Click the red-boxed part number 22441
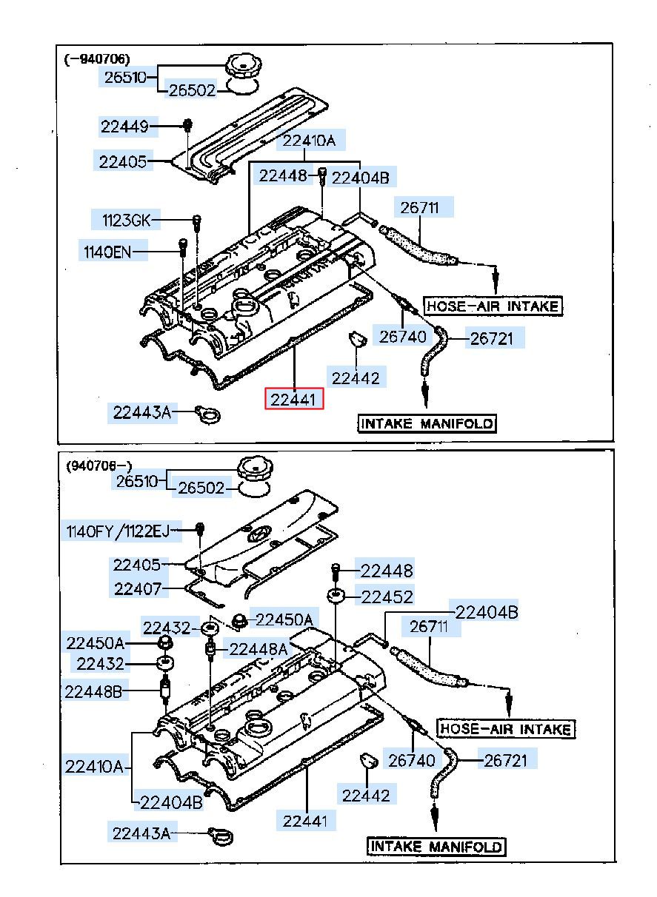tap(296, 400)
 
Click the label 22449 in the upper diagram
tap(124, 127)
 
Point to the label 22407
tap(137, 589)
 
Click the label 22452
tap(387, 596)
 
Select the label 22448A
tap(258, 649)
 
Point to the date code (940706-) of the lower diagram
tap(99, 466)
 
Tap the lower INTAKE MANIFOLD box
tap(436, 846)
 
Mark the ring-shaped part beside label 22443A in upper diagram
tap(209, 415)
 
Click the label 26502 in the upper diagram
tap(191, 90)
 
